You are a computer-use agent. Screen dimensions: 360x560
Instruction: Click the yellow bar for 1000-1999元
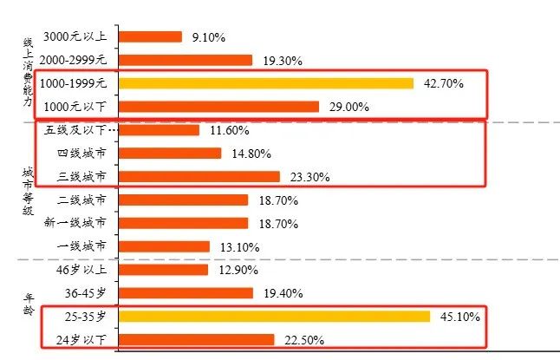pyautogui.click(x=265, y=83)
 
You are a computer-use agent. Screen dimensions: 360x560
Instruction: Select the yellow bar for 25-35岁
pyautogui.click(x=274, y=316)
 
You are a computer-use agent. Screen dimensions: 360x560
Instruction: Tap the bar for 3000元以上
pyautogui.click(x=150, y=37)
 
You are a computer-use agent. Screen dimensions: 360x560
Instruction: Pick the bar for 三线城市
pyautogui.click(x=199, y=177)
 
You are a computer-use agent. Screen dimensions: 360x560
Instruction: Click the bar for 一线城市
pyautogui.click(x=164, y=246)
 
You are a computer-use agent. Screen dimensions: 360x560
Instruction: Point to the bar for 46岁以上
pyautogui.click(x=163, y=270)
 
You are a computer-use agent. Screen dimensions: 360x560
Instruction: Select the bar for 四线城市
pyautogui.click(x=169, y=154)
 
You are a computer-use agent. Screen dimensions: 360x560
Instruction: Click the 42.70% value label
pyautogui.click(x=444, y=84)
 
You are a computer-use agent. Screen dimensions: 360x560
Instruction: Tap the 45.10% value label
pyautogui.click(x=461, y=317)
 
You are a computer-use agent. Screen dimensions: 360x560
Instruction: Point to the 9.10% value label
pyautogui.click(x=207, y=37)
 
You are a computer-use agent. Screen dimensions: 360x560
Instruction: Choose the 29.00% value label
pyautogui.click(x=348, y=107)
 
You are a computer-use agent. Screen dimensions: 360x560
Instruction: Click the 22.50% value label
pyautogui.click(x=303, y=340)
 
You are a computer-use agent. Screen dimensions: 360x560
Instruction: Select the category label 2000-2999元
pyautogui.click(x=74, y=61)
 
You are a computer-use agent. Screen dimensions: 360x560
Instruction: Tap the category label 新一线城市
pyautogui.click(x=75, y=223)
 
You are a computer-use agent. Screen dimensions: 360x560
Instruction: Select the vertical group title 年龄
pyautogui.click(x=28, y=304)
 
